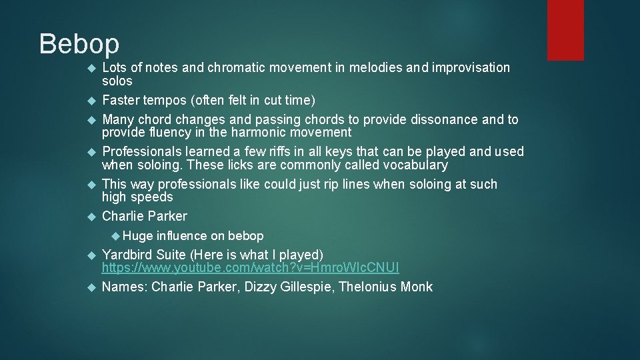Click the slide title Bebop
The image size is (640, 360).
click(x=79, y=44)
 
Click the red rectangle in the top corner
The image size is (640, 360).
click(x=565, y=29)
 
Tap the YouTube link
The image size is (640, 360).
click(x=250, y=268)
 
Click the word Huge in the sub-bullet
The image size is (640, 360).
click(x=137, y=235)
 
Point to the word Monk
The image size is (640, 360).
click(x=417, y=287)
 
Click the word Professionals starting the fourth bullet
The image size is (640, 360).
click(x=142, y=151)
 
